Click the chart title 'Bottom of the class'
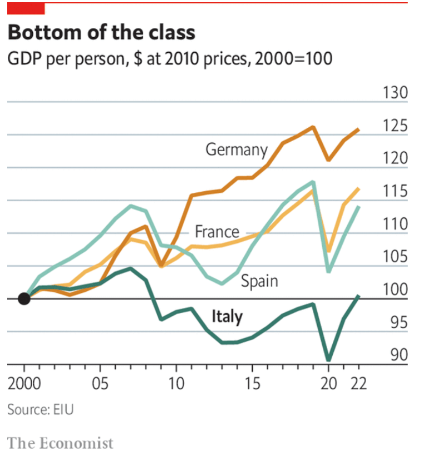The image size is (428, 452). tap(101, 32)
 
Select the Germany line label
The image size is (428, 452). tap(237, 150)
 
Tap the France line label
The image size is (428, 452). tap(217, 231)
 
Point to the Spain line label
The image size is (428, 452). tap(259, 281)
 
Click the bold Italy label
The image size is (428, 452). tap(227, 317)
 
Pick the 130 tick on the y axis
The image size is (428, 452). tap(395, 93)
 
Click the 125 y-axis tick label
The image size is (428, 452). tap(395, 126)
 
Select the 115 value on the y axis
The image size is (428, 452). tap(395, 192)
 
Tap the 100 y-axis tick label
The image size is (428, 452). tap(395, 290)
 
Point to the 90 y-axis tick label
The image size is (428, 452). tap(399, 355)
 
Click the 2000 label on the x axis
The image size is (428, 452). tap(24, 385)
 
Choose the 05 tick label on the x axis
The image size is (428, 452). tap(100, 385)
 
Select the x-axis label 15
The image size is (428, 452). tap(252, 385)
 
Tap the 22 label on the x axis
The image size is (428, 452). tap(358, 385)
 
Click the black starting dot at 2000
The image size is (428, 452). tap(24, 299)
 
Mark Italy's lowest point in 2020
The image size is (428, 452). tap(329, 360)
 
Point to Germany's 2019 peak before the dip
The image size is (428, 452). tap(313, 127)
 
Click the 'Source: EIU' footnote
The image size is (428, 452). tap(40, 410)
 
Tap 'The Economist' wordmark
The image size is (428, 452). tap(60, 443)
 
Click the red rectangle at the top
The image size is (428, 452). tap(26, 8)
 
